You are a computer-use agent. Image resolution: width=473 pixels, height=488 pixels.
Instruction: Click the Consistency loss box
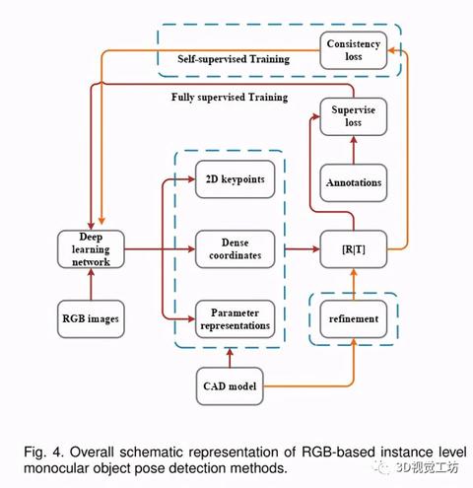tap(354, 50)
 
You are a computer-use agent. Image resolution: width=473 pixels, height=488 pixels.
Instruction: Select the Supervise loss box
tap(354, 116)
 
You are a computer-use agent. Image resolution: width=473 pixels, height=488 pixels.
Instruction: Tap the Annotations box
tap(354, 182)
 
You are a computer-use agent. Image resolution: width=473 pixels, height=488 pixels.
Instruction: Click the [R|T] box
tap(354, 249)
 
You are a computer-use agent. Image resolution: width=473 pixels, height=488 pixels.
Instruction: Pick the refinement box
tap(354, 318)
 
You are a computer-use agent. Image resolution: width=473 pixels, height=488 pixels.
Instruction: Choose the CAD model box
tap(230, 386)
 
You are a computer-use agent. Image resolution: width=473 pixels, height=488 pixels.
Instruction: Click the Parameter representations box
tap(236, 318)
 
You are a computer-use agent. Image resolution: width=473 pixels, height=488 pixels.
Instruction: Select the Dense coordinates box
tap(236, 249)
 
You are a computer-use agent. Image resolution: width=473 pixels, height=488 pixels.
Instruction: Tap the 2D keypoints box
tap(236, 179)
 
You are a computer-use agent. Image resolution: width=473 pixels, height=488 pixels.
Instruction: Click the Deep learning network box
tap(91, 249)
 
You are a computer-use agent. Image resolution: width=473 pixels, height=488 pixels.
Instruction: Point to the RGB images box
tap(91, 318)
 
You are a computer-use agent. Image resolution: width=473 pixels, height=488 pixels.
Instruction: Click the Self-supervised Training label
tap(234, 59)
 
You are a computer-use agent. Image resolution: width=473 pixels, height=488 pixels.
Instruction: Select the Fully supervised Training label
tap(230, 98)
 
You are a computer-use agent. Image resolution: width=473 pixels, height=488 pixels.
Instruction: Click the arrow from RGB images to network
tap(91, 284)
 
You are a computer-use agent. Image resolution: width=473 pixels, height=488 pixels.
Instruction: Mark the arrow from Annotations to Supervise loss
tap(354, 150)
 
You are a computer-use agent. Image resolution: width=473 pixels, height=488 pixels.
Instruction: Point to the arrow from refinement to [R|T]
tap(354, 284)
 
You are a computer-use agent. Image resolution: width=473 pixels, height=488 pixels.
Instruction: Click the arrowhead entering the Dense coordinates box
tap(191, 249)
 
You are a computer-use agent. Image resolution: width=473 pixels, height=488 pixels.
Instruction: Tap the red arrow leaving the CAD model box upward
tap(230, 358)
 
